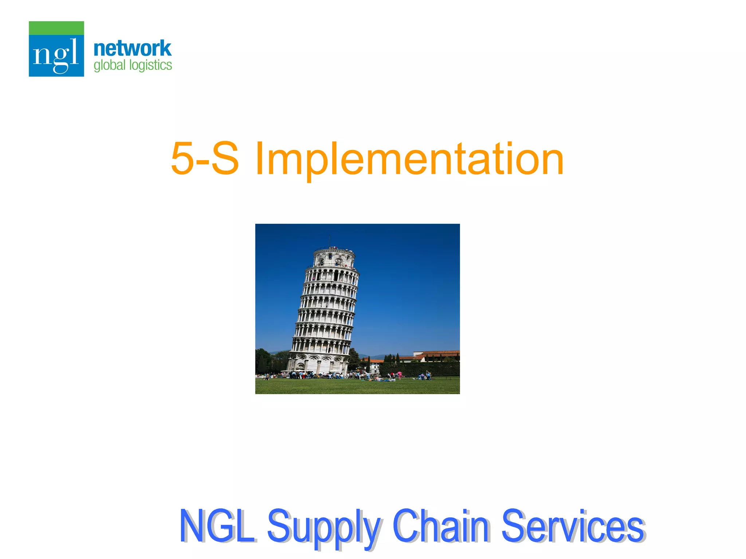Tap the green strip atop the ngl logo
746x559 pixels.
click(56, 28)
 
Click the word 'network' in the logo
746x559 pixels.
click(132, 48)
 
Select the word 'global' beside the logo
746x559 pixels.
click(109, 66)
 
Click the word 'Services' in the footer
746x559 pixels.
click(572, 526)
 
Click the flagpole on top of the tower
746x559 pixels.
click(330, 241)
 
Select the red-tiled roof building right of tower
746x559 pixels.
click(436, 355)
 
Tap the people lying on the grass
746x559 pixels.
click(381, 380)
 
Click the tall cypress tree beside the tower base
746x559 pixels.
click(353, 358)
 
